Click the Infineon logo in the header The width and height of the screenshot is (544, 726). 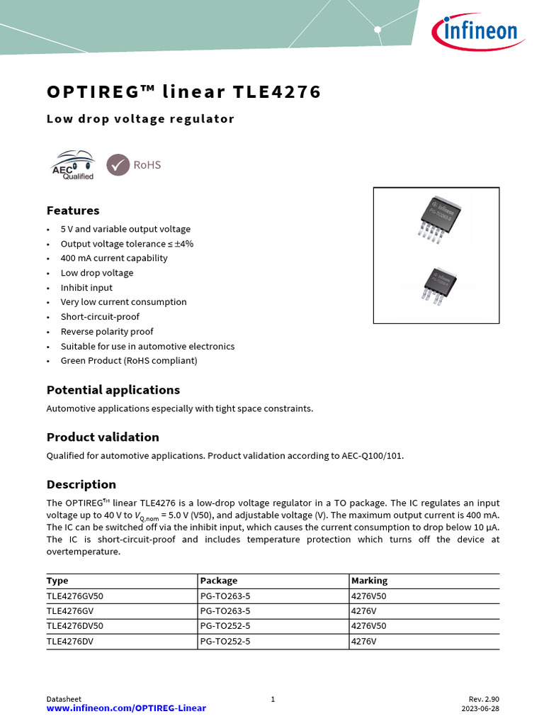coord(475,31)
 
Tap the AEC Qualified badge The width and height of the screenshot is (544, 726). coord(72,165)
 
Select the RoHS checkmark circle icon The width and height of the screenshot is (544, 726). coord(118,165)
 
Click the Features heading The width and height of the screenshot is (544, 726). coord(73,211)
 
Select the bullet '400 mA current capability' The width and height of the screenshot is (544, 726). coord(114,258)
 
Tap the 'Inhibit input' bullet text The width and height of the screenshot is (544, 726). coord(86,287)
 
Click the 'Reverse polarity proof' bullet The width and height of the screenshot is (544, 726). coord(107,331)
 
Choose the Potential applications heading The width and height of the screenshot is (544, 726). coord(113,390)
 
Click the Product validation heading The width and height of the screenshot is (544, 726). coord(103,437)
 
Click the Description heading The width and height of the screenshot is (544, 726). coord(81,484)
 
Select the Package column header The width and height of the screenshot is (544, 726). coord(219,581)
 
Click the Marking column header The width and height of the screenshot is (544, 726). coord(370,581)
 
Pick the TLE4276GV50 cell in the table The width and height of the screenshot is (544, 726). coord(75,596)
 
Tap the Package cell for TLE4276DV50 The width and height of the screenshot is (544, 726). coord(225,626)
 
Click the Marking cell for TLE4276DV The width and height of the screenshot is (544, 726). coord(364,641)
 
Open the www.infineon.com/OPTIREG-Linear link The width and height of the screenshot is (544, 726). coord(126,708)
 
